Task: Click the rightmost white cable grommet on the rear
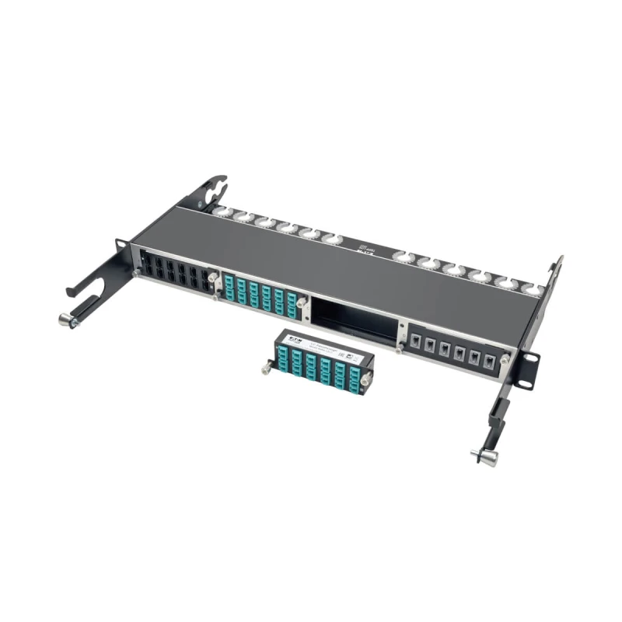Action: click(535, 289)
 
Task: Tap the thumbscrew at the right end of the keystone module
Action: click(505, 359)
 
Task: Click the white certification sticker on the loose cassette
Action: click(351, 355)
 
